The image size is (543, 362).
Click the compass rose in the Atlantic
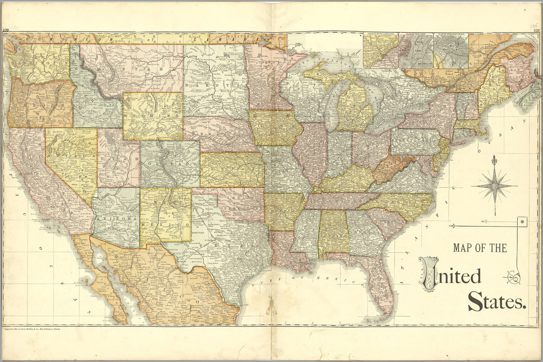pyautogui.click(x=493, y=185)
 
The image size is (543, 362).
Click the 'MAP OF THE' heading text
pyautogui.click(x=480, y=248)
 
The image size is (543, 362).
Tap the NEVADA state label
pyautogui.click(x=71, y=156)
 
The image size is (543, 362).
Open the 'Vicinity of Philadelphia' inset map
pyautogui.click(x=380, y=51)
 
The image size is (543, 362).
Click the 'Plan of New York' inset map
pyautogui.click(x=415, y=51)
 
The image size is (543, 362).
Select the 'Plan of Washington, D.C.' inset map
pyautogui.click(x=451, y=51)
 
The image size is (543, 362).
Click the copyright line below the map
pyautogui.click(x=32, y=329)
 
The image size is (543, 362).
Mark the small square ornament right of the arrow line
pyautogui.click(x=522, y=221)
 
